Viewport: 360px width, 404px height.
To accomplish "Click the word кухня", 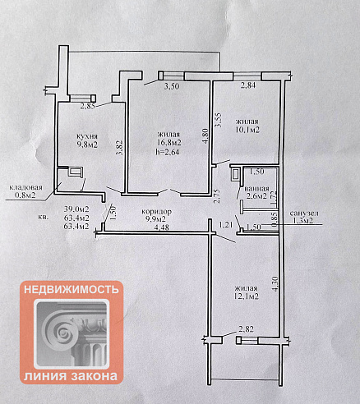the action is [x=87, y=136].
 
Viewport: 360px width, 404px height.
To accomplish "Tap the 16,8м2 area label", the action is [x=169, y=143].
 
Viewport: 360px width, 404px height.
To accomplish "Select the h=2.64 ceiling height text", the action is [x=168, y=151].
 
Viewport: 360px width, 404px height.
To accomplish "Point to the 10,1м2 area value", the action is [x=247, y=130].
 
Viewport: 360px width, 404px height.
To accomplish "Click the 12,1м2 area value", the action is [x=247, y=296].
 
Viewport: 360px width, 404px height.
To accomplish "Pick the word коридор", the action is [x=157, y=212].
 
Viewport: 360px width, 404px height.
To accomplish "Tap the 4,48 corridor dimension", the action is [x=162, y=227].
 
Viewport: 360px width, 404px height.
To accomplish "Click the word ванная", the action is [x=256, y=189].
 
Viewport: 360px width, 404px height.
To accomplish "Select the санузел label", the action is [x=304, y=213].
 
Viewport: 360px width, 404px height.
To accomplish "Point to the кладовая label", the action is [x=26, y=188].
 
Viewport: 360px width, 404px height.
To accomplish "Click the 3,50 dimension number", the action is [x=172, y=86].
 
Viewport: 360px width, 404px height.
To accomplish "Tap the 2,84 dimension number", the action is [x=248, y=85].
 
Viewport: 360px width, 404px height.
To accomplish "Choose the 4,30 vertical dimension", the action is [x=275, y=284].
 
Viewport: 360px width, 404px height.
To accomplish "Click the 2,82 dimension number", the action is [x=246, y=329].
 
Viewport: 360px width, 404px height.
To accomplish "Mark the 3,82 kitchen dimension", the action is [x=119, y=148].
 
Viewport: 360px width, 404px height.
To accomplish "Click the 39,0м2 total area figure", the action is [x=76, y=209].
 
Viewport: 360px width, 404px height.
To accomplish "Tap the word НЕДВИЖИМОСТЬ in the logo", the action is [x=72, y=290].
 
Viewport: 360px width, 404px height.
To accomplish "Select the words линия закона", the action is [x=71, y=376].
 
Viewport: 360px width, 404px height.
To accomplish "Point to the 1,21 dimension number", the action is [x=226, y=225].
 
